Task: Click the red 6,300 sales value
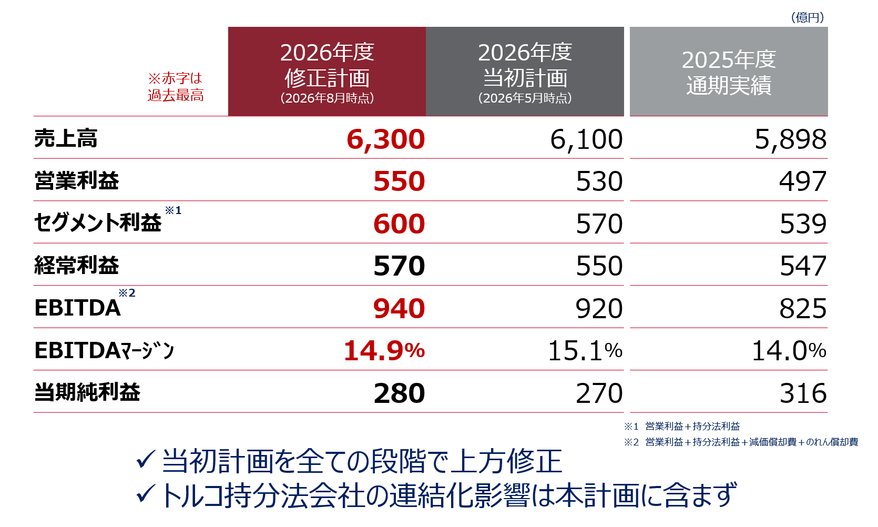point(386,139)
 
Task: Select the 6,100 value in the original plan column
point(586,139)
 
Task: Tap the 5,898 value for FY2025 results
point(791,139)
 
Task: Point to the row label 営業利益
point(76,181)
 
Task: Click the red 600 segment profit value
point(399,224)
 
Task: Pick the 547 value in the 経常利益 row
point(803,266)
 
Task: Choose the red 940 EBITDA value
point(399,309)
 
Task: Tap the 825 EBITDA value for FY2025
point(803,309)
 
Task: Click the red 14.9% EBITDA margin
point(384,351)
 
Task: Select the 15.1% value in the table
point(585,351)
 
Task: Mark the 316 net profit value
point(803,393)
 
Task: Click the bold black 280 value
point(399,393)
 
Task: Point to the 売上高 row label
point(66,138)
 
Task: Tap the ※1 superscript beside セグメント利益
point(173,210)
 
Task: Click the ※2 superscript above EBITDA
point(127,293)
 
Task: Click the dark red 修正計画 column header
point(327,72)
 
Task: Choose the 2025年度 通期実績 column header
point(729,72)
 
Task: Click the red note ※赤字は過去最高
point(175,87)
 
